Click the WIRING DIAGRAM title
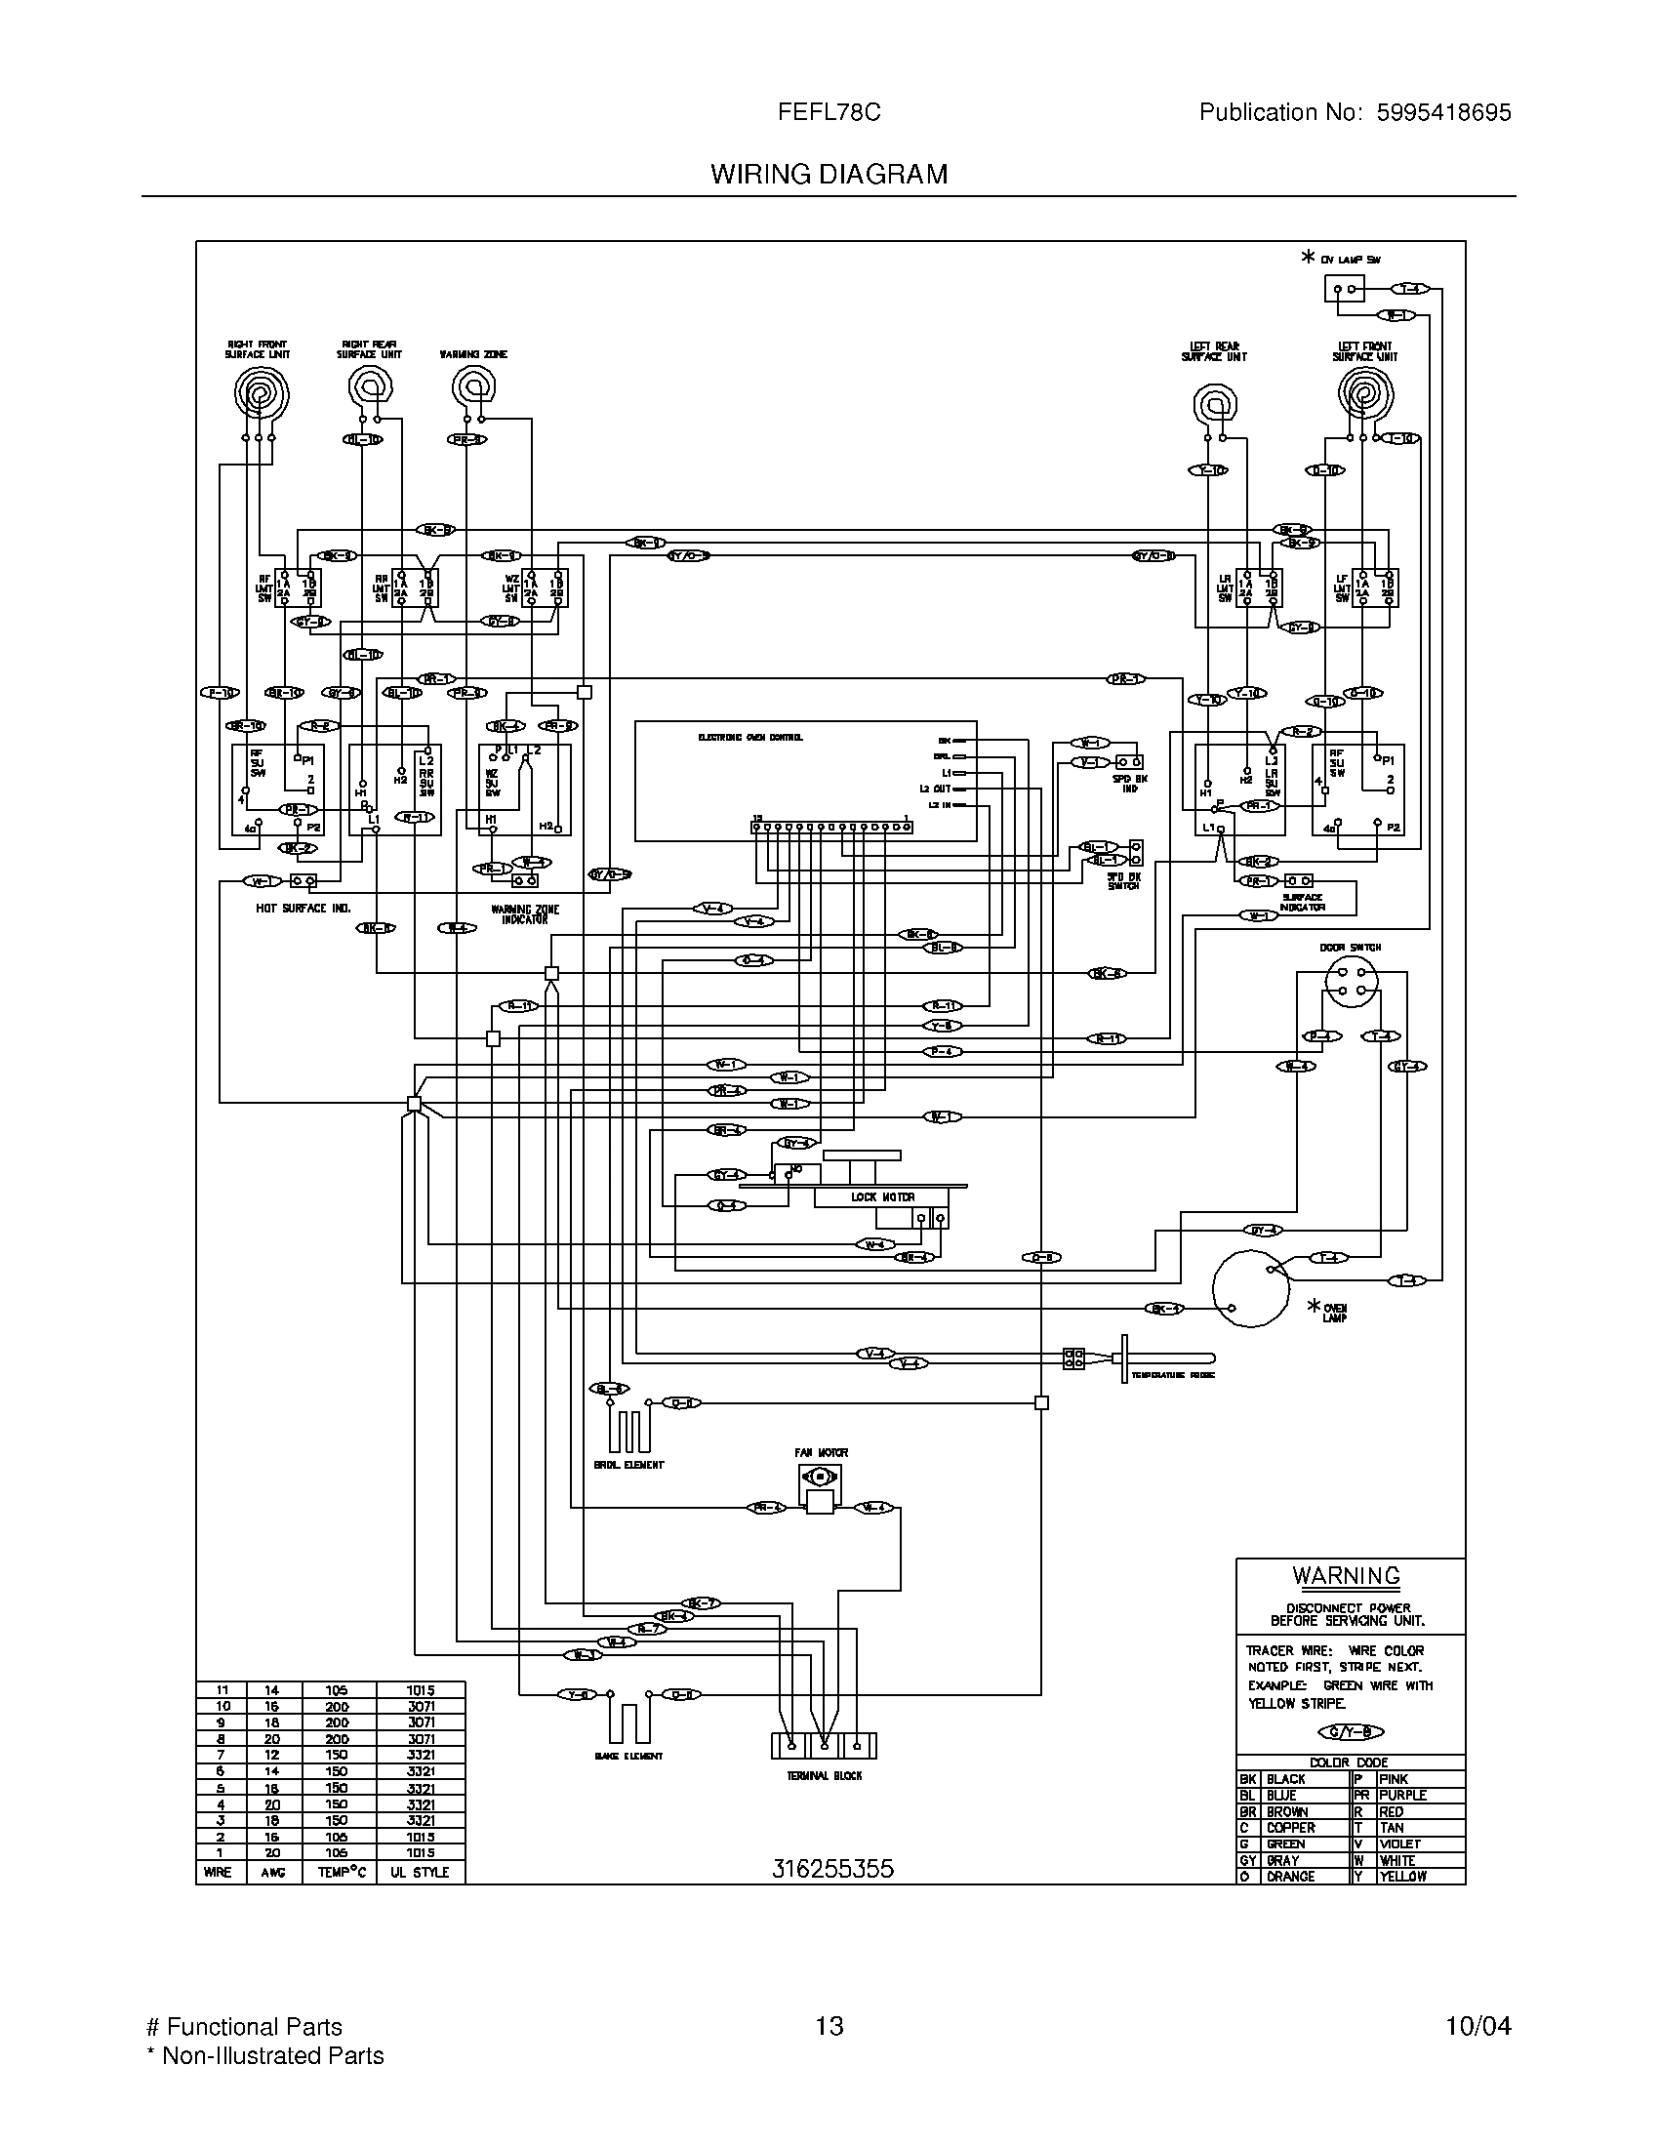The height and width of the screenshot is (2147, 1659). coord(829,174)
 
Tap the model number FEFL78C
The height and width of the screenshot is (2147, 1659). coord(829,113)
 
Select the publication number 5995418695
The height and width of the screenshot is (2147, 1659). coord(1442,113)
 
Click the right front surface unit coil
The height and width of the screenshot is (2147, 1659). coord(262,394)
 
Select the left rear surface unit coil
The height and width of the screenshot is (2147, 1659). coord(1214,403)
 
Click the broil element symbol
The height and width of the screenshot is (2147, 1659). coord(629,1429)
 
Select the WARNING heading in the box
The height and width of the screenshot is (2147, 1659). coord(1346,1575)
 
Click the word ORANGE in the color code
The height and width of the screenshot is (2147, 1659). coord(1290,1876)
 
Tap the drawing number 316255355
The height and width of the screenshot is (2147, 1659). coord(832,1869)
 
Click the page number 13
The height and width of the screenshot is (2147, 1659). coord(829,2026)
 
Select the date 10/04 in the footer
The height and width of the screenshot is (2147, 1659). coord(1477,2026)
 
